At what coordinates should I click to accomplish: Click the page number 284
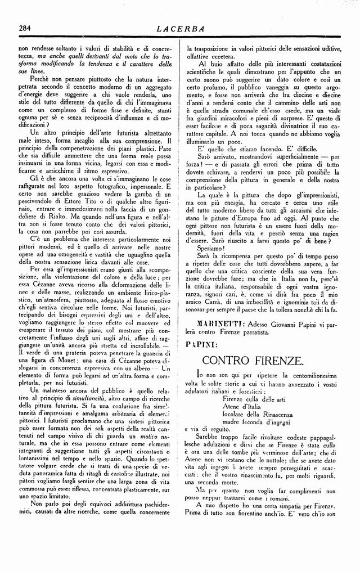click(x=24, y=28)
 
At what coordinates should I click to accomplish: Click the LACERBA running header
click(x=180, y=28)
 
